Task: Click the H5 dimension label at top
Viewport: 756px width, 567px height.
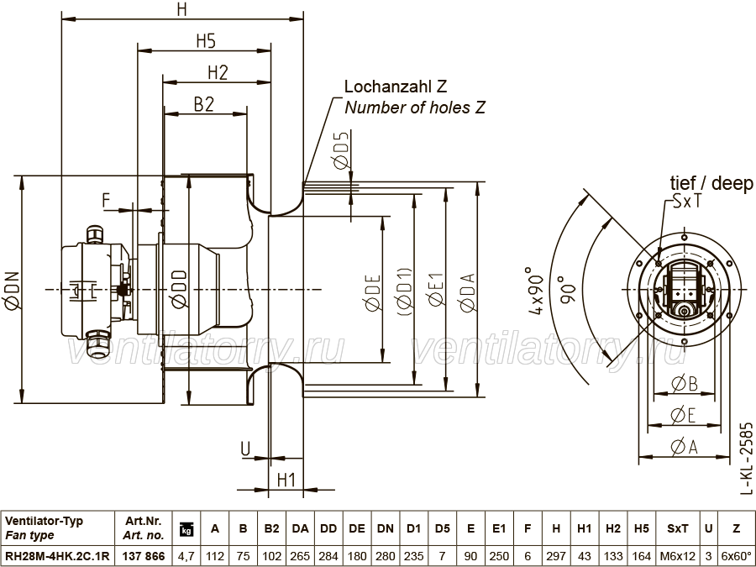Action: point(206,41)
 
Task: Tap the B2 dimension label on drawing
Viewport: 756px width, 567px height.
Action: point(203,105)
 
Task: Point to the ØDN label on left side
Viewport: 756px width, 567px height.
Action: point(12,289)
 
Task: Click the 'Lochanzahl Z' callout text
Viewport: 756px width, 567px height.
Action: point(396,87)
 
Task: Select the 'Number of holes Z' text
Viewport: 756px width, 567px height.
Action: point(415,107)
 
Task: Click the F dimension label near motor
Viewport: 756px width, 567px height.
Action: point(107,200)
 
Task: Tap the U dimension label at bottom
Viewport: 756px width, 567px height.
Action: point(245,449)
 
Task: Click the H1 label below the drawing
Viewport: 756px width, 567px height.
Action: point(286,480)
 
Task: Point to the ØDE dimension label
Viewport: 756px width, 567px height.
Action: point(373,292)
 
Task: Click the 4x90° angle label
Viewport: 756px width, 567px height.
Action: point(536,291)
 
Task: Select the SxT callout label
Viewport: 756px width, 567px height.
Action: point(687,202)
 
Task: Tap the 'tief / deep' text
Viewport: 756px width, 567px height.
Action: point(711,183)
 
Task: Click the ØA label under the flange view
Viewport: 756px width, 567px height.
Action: point(684,448)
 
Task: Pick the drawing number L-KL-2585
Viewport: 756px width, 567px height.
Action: point(746,458)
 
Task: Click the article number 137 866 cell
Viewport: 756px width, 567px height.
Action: point(144,556)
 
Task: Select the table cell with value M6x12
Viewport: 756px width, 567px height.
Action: point(677,556)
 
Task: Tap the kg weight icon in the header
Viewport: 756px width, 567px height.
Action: point(186,529)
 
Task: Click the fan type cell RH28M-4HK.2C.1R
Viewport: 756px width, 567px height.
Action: point(57,556)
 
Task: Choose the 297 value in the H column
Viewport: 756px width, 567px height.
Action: point(556,556)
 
